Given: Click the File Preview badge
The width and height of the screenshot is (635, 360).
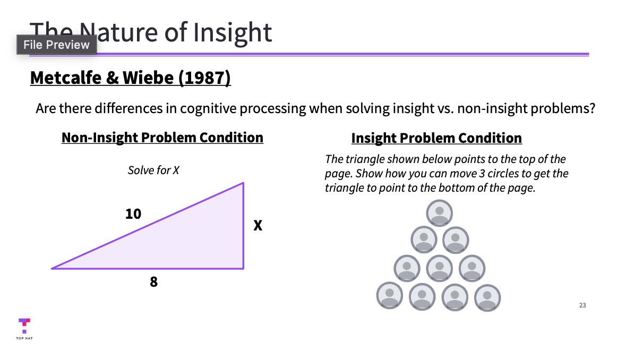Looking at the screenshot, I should pos(56,45).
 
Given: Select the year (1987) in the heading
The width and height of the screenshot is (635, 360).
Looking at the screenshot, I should pos(204,78).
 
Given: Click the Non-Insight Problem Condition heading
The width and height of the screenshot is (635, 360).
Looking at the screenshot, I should pos(162,138).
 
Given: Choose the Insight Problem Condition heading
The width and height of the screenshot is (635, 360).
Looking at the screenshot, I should pos(436,139).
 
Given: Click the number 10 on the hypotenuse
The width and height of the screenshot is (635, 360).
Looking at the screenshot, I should pos(133,214).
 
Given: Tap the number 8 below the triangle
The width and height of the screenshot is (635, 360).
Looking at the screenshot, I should pos(153,282).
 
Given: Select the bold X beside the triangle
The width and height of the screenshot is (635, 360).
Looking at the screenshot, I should pos(258,226).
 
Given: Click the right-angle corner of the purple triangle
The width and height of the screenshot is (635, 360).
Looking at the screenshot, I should pos(243,268).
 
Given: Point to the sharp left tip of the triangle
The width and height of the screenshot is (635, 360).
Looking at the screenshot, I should pos(52,268).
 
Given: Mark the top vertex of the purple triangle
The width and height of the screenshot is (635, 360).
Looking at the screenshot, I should pos(243,183).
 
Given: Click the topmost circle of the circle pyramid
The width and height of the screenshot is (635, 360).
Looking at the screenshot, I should pos(439,213).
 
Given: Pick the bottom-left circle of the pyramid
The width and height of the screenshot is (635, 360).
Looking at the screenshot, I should pos(390,295).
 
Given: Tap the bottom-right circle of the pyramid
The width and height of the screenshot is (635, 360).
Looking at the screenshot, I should pos(488,298).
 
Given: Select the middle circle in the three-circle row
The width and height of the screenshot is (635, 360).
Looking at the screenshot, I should pos(439,268).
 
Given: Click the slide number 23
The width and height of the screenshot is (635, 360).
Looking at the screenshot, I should pos(582,305).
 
